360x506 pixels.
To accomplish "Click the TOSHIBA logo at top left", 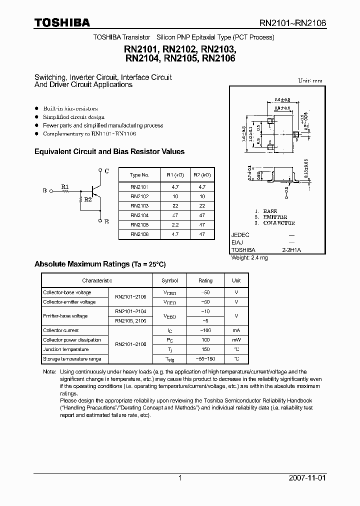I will click(62, 22).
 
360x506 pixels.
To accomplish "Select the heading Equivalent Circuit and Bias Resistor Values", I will click(109, 151).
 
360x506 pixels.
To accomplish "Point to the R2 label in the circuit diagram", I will click(87, 199).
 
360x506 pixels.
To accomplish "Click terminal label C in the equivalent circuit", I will click(106, 171).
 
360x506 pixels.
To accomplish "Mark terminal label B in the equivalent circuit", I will click(45, 191).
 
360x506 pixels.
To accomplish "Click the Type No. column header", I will click(139, 175).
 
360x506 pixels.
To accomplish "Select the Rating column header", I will click(205, 281).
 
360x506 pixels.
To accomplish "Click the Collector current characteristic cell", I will click(61, 330).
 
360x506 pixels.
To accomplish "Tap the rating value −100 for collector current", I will click(205, 330).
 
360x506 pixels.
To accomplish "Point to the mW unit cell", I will click(236, 340).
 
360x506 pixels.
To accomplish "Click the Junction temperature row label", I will click(65, 349).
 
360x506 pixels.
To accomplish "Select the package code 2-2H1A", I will click(292, 250).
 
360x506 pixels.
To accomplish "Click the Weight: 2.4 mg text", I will click(250, 257).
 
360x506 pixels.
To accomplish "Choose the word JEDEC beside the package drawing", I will click(240, 235).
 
